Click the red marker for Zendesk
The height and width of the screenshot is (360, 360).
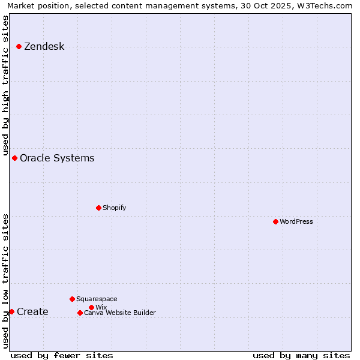click(x=19, y=46)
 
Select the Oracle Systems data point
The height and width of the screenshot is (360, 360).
click(x=14, y=158)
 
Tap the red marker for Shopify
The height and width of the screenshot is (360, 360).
click(x=98, y=208)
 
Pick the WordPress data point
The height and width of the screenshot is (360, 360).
click(x=275, y=221)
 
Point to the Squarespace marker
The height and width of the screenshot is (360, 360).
click(x=72, y=299)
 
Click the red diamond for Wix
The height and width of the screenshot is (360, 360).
click(x=91, y=307)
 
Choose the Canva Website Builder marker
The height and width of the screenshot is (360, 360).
click(x=80, y=313)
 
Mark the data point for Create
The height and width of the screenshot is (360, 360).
click(x=11, y=311)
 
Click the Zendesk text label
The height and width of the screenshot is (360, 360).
click(x=44, y=46)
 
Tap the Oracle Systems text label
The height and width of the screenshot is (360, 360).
click(x=57, y=158)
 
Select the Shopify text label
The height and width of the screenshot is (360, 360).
click(x=114, y=208)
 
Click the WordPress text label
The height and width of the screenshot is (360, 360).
click(x=296, y=221)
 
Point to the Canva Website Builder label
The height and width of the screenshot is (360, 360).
click(x=120, y=313)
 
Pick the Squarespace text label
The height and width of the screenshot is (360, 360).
click(x=97, y=299)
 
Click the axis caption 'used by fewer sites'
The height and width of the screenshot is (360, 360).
click(x=62, y=355)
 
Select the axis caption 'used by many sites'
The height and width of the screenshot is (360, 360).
click(x=301, y=355)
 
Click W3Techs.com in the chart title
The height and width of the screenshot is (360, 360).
click(x=323, y=5)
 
